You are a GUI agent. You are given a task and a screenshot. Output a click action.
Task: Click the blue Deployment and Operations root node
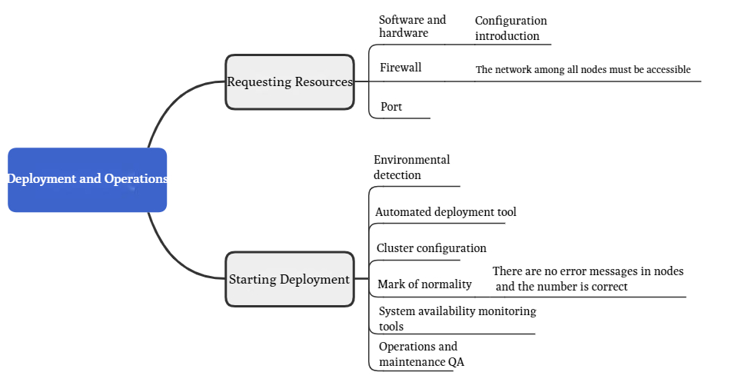[87, 179]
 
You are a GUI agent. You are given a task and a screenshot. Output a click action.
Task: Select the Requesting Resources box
[290, 81]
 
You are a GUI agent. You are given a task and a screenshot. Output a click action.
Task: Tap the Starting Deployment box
[290, 279]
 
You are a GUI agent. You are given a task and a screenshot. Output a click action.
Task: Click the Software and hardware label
[412, 26]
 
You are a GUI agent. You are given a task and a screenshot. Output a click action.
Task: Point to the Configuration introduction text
[510, 28]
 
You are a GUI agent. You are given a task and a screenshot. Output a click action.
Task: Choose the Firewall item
[400, 68]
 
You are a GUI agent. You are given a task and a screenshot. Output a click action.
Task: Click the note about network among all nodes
[583, 70]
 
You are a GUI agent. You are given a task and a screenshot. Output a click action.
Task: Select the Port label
[391, 107]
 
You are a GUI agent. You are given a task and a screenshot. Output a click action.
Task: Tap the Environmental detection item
[411, 168]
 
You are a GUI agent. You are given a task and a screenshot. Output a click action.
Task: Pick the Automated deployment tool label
[445, 212]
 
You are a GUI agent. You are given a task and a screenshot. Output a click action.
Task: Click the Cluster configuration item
[431, 248]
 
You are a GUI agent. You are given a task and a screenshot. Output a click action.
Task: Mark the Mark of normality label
[424, 284]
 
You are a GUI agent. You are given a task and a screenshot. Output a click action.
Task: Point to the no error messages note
[588, 279]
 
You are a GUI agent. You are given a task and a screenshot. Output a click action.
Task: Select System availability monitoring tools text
[457, 318]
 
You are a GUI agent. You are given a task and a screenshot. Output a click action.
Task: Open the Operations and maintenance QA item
[422, 354]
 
